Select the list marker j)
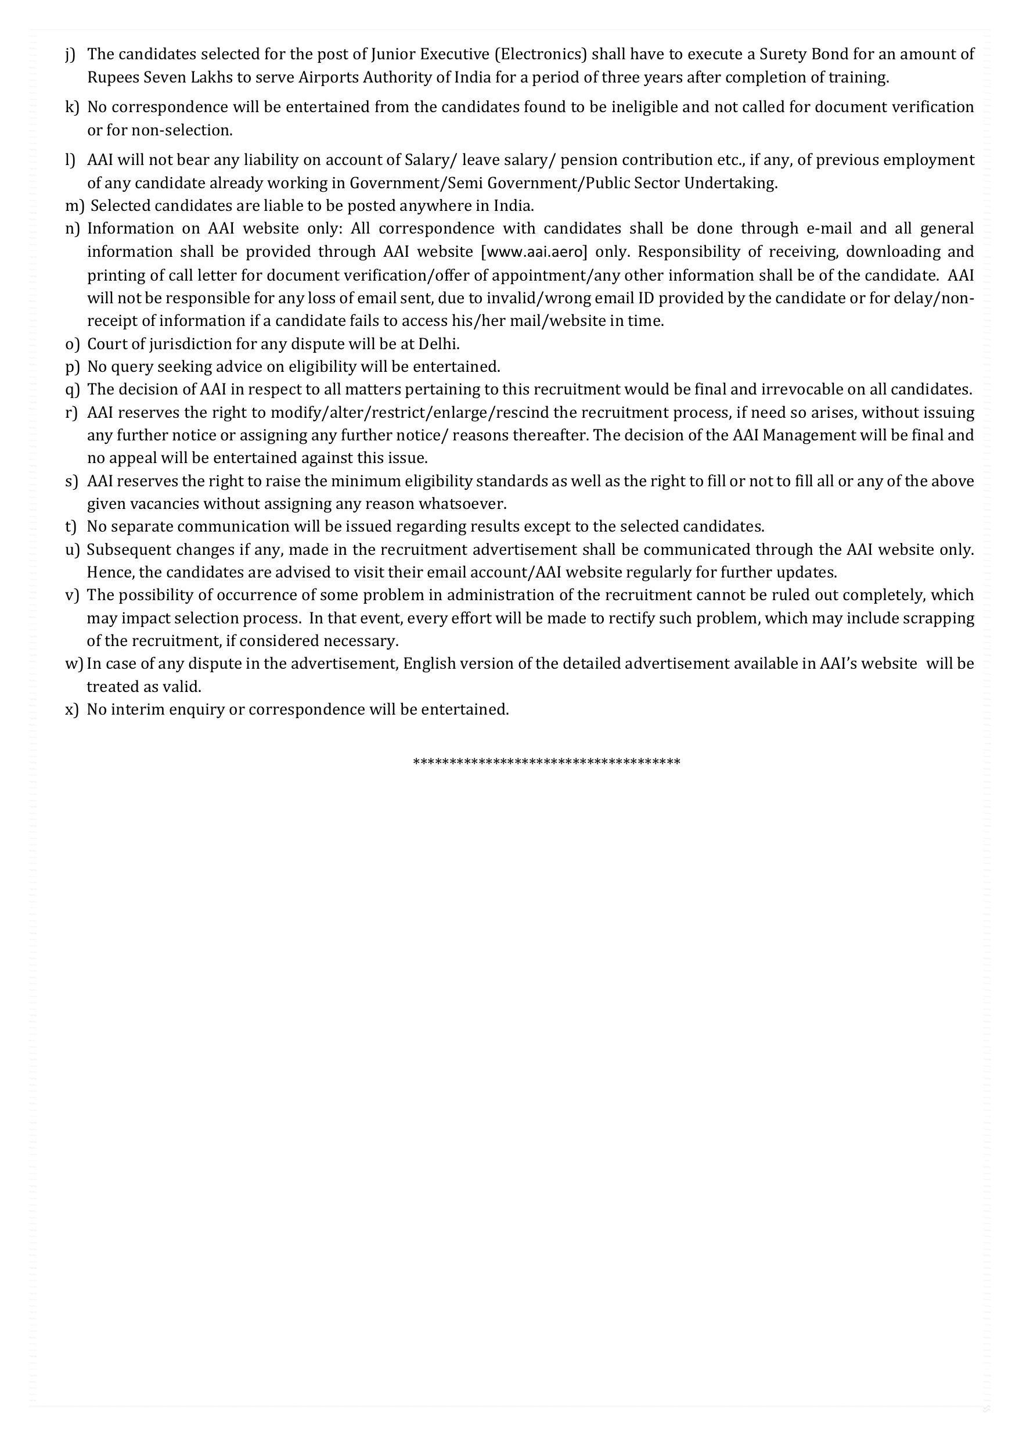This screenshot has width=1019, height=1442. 70,55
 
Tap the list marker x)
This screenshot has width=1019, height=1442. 71,710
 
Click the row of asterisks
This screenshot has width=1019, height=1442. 546,762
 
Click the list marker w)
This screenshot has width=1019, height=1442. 74,664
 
